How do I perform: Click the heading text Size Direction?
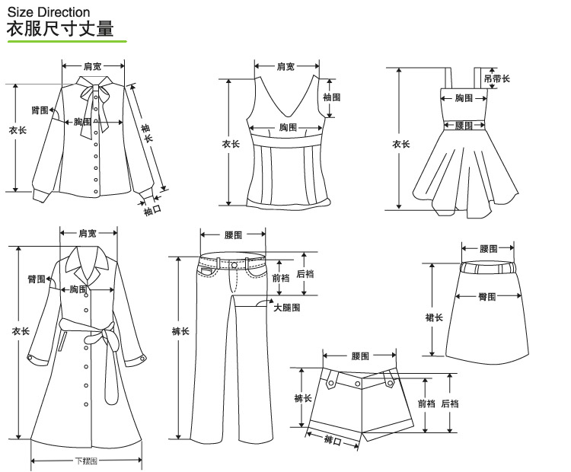[x=49, y=12]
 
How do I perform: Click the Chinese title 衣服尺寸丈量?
[x=60, y=30]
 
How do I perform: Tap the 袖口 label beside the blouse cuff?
[x=153, y=209]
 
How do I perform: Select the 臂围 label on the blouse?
[x=40, y=110]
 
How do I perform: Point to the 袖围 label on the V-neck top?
[x=331, y=97]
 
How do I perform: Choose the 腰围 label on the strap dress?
[x=464, y=126]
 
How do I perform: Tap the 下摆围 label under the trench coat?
[x=86, y=461]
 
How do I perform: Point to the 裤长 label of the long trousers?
[x=180, y=331]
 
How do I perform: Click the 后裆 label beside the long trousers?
[x=305, y=274]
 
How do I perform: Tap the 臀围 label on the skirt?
[x=487, y=297]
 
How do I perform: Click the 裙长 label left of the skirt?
[x=434, y=317]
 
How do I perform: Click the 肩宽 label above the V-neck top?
[x=285, y=67]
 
